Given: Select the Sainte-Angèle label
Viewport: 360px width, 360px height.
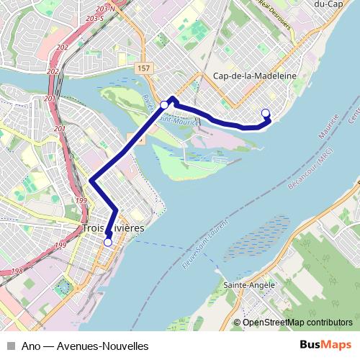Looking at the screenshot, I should [250, 285].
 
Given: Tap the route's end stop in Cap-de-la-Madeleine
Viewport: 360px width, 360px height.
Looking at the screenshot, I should [265, 112].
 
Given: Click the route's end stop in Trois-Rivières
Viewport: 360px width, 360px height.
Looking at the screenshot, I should [107, 243].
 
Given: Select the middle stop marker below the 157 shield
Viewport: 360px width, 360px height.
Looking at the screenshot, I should [164, 105].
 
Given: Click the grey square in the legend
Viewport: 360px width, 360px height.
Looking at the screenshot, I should [10, 346].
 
